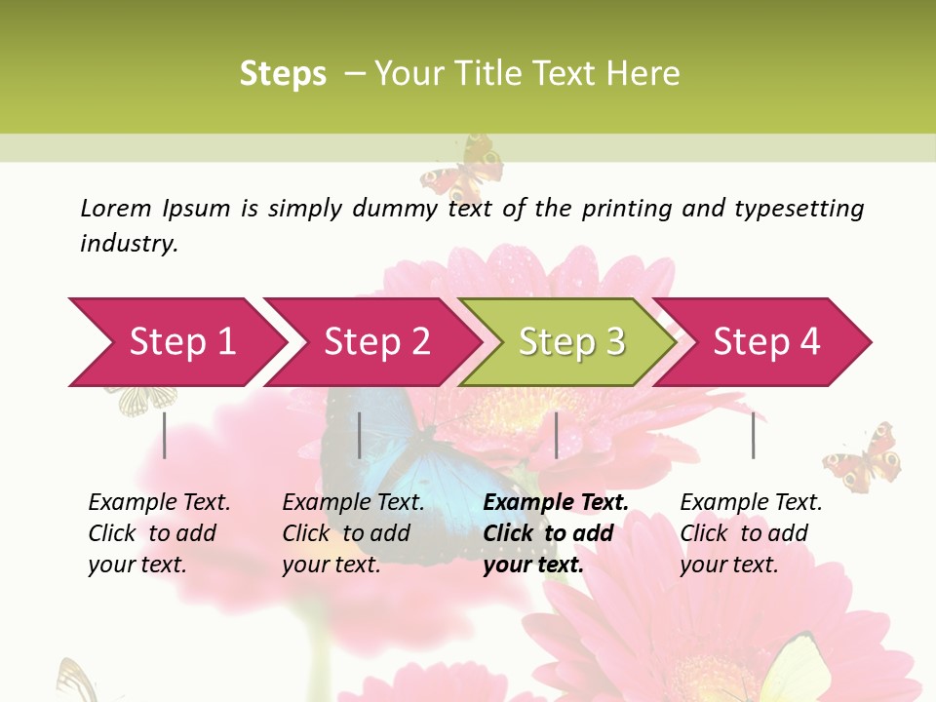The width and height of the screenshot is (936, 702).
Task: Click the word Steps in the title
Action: coord(283,74)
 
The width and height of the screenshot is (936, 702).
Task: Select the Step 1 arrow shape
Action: coord(175,342)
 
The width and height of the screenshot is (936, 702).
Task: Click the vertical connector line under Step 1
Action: coord(165,435)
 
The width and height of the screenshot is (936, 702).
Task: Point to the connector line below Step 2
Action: coord(360,435)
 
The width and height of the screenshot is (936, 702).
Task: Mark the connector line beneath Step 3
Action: coord(557,435)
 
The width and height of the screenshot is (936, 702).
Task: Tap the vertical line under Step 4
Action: coord(754,435)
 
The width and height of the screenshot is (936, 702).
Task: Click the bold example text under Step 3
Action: coord(555,533)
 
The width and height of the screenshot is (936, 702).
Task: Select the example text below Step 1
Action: coord(159,533)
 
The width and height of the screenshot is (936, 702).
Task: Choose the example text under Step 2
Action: coord(353,533)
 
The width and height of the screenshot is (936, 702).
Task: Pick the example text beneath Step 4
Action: coord(751,533)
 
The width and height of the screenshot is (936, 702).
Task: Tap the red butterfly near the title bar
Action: coord(464,172)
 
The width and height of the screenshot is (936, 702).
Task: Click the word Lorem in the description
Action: coord(115,209)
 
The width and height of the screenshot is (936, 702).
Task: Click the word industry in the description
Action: coord(128,244)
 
